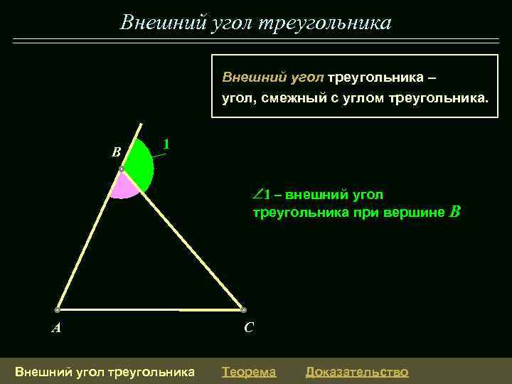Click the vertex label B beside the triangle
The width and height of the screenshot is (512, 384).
[x=117, y=151]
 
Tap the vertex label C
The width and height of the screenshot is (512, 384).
[x=248, y=328]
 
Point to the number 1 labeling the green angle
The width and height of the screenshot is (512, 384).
[x=166, y=144]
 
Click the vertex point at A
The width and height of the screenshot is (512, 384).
[x=56, y=310]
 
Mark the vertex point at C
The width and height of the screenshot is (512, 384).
[x=243, y=310]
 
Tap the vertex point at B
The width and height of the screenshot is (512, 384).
[x=122, y=169]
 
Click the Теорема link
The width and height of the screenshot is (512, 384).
[x=249, y=371]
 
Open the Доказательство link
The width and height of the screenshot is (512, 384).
[x=357, y=371]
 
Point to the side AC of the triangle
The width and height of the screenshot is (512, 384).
[x=149, y=310]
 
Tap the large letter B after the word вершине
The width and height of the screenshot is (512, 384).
[x=456, y=211]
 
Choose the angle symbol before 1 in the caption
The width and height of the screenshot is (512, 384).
[x=257, y=194]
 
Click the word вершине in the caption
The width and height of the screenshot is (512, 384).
[x=420, y=212]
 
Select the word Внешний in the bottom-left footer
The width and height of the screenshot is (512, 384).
[x=41, y=371]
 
